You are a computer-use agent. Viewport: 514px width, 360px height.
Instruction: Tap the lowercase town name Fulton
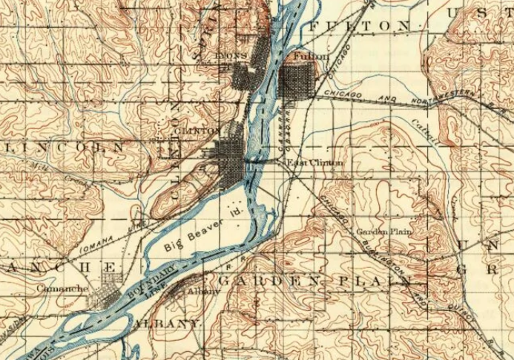coord(306,56)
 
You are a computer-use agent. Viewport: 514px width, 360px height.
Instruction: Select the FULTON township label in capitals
coord(358,26)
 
